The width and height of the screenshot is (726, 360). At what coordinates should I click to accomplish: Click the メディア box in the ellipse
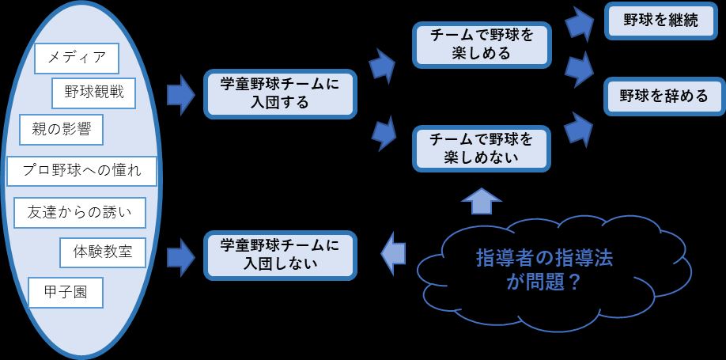click(x=77, y=57)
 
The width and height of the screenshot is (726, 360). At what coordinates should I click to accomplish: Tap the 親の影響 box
click(x=62, y=130)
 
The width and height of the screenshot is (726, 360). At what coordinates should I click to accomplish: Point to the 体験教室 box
click(x=102, y=253)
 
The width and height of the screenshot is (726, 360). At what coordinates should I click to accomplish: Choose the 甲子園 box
click(x=66, y=293)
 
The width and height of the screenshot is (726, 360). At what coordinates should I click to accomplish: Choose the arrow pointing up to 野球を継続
click(x=581, y=24)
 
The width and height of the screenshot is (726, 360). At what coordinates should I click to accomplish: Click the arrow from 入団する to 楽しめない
click(x=385, y=132)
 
